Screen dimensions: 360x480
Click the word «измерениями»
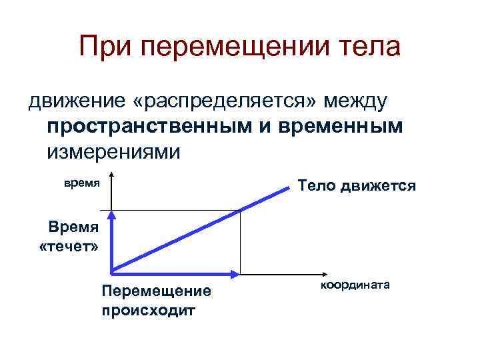click(x=114, y=151)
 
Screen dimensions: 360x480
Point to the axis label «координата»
click(x=355, y=285)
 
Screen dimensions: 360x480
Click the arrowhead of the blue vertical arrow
click(x=112, y=215)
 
